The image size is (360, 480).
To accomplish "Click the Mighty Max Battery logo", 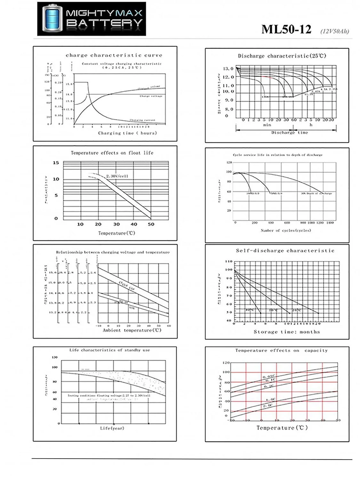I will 92,19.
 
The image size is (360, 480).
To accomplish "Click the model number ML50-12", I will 286,29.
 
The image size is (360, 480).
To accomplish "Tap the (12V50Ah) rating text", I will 334,31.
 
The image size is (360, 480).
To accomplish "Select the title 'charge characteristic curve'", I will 114,55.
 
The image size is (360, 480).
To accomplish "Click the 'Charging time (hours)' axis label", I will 127,133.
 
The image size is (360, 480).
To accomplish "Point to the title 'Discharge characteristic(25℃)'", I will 282,56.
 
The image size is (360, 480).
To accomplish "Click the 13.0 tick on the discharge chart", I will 228,68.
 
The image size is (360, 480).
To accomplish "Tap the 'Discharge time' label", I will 290,132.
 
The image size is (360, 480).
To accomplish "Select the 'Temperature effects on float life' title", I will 112,153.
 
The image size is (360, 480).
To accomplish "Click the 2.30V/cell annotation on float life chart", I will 117,176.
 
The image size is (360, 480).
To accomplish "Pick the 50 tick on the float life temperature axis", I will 151,224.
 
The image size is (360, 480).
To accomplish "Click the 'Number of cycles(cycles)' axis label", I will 285,230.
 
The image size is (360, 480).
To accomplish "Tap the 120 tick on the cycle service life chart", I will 229,163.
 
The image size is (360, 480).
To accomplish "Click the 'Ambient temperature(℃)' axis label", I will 132,330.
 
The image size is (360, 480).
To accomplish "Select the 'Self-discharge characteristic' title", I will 285,251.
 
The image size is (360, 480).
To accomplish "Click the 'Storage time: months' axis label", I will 287,332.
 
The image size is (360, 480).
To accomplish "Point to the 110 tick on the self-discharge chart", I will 228,261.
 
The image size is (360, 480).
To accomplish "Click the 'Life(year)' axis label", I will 112,428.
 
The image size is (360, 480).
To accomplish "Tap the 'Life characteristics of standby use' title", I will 109,350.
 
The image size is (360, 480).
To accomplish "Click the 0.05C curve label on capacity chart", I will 269,376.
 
